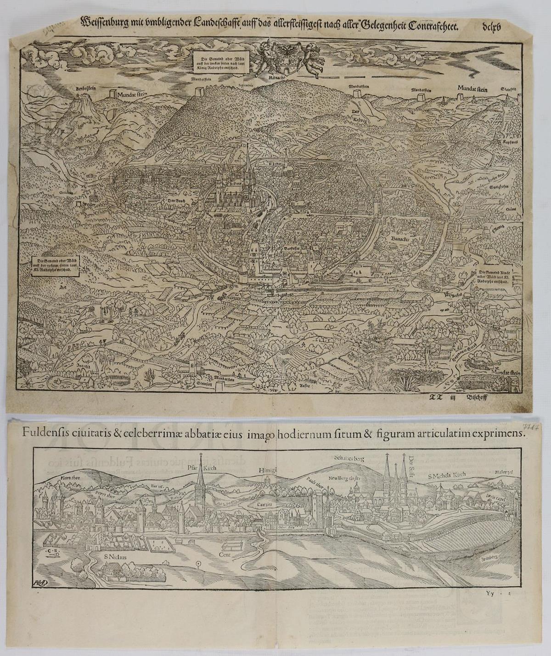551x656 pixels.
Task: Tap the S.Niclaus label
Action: pyautogui.click(x=113, y=558)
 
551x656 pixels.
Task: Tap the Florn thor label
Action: pyautogui.click(x=68, y=478)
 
